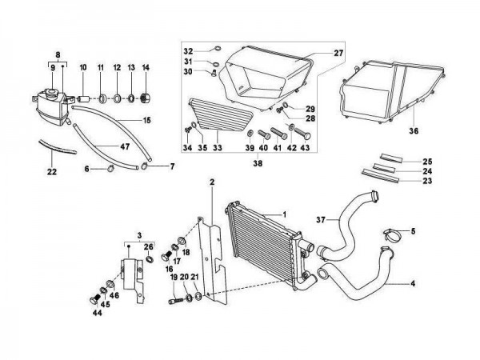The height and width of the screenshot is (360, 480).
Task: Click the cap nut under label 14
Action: [145, 98]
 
